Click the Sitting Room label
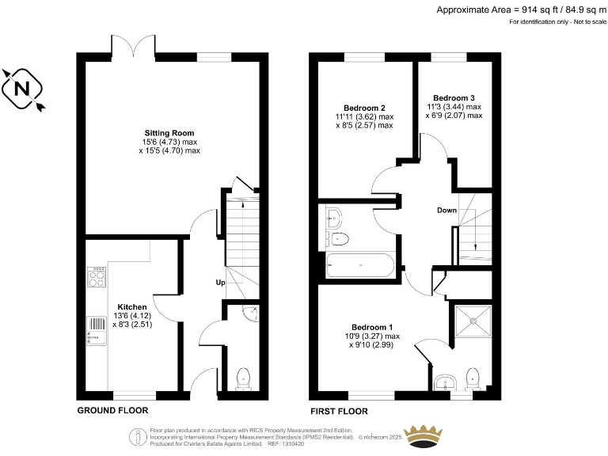(x=169, y=132)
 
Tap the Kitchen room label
(x=132, y=306)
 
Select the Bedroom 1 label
(x=372, y=327)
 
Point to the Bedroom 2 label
(x=364, y=108)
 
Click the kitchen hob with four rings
(x=97, y=276)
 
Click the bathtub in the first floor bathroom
(x=359, y=265)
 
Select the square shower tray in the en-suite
(x=473, y=320)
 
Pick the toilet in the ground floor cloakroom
(x=243, y=378)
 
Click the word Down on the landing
(x=446, y=211)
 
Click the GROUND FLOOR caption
(x=112, y=411)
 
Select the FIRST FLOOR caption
(x=340, y=411)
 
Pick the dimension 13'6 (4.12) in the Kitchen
(x=131, y=315)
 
